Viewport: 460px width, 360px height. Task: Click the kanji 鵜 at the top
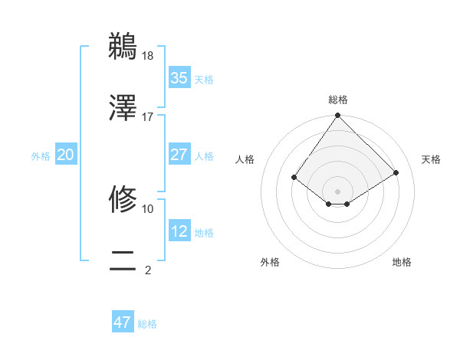(x=123, y=46)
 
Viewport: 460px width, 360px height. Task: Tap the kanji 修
(x=123, y=199)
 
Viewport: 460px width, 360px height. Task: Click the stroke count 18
(x=148, y=55)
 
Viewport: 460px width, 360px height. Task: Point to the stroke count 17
(x=148, y=116)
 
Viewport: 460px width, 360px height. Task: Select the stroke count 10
(x=148, y=208)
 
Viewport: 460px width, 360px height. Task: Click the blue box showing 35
(x=179, y=78)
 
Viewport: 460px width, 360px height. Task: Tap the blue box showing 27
(x=179, y=155)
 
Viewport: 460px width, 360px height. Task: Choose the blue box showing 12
(x=179, y=231)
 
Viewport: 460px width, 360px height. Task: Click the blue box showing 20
(x=66, y=155)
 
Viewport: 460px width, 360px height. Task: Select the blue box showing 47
(x=123, y=322)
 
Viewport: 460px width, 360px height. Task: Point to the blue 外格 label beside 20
(x=41, y=156)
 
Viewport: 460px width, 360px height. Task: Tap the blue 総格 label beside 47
(x=147, y=324)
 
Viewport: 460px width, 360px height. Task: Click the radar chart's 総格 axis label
(x=338, y=100)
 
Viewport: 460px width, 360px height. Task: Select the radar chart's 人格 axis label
(x=245, y=159)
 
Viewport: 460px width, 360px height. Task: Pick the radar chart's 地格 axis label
(x=402, y=262)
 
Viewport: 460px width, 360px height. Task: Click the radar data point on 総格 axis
(x=338, y=116)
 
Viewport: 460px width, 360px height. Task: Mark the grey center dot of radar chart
(x=338, y=191)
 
